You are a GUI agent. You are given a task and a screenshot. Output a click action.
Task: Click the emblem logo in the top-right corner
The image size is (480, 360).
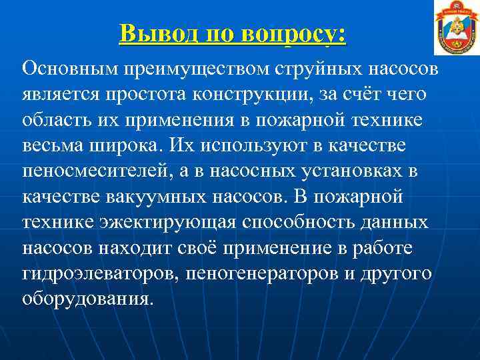(457, 28)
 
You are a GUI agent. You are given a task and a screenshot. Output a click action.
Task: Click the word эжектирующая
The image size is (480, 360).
(157, 222)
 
